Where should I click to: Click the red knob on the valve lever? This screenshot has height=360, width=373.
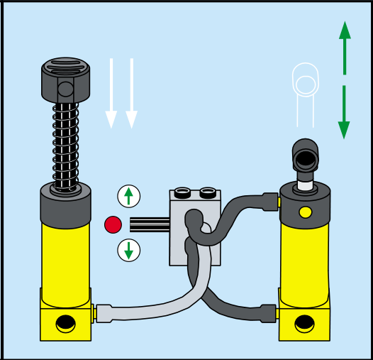[113, 225]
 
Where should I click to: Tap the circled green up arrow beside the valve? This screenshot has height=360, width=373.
[128, 195]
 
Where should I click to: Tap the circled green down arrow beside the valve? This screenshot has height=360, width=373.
[128, 250]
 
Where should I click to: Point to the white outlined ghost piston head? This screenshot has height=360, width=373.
[306, 82]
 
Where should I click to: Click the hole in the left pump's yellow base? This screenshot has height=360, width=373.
[66, 323]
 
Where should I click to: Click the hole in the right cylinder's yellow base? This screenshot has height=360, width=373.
[305, 323]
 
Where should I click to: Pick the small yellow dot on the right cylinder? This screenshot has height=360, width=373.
[306, 212]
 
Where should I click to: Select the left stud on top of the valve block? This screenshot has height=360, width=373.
[182, 192]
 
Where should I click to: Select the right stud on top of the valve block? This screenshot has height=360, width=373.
[207, 192]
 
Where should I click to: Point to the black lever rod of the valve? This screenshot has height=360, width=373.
[149, 225]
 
